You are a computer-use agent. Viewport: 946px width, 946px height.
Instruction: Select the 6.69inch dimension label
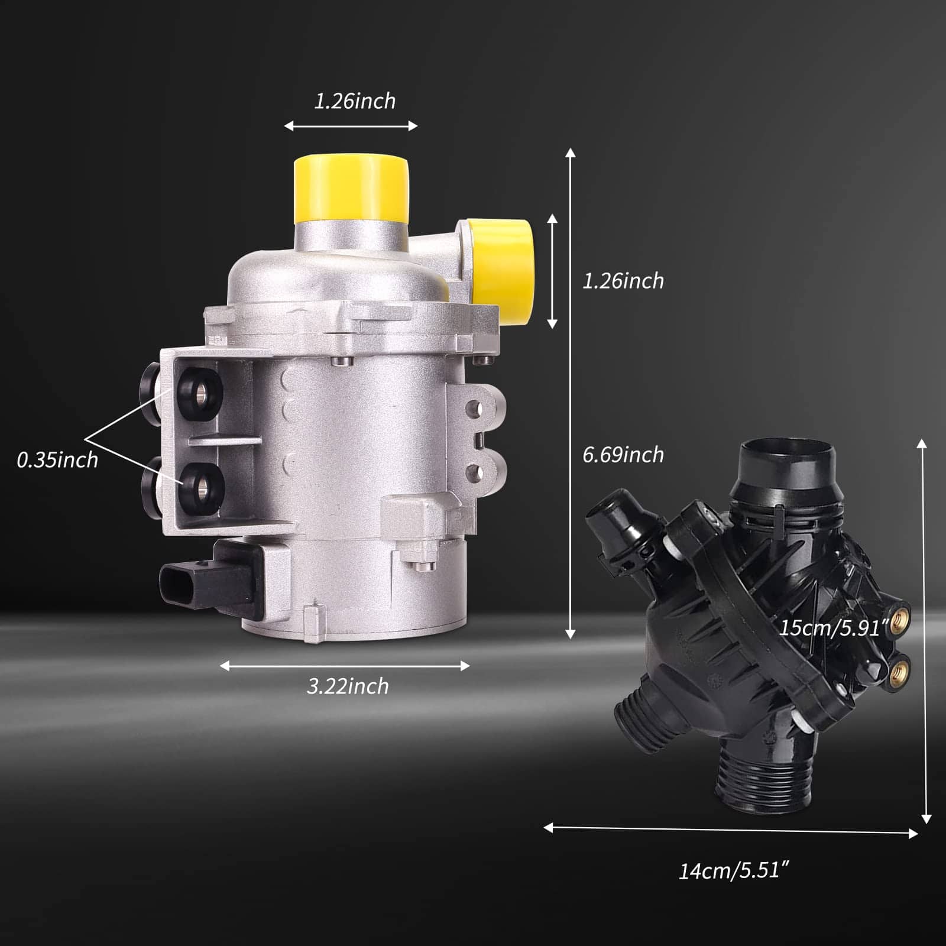pos(623,455)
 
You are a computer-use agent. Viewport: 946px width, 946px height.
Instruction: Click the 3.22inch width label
pos(348,686)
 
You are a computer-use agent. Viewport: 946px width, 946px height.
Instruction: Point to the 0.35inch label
pos(57,459)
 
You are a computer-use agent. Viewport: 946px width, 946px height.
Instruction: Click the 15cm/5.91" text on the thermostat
pos(834,627)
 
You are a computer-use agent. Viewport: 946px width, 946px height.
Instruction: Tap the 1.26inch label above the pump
pos(355,101)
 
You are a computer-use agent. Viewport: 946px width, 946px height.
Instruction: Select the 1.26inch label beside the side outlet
pos(623,281)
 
